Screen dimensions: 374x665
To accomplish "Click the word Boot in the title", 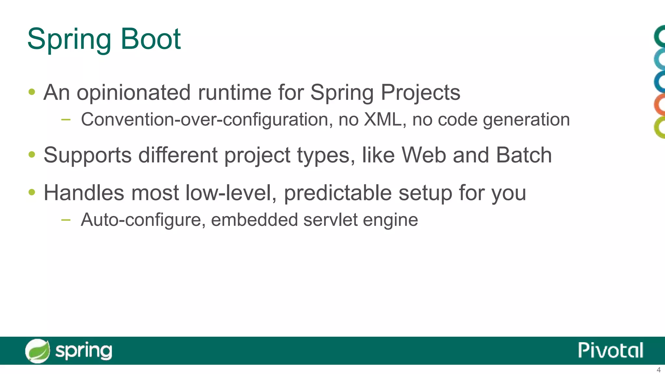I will pyautogui.click(x=151, y=39).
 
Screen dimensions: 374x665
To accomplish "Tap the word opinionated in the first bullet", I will pyautogui.click(x=133, y=93).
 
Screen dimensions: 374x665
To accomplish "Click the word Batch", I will pyautogui.click(x=524, y=155).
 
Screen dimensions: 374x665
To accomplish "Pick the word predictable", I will pyautogui.click(x=338, y=193).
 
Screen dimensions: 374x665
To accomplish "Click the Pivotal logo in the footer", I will pyautogui.click(x=610, y=350).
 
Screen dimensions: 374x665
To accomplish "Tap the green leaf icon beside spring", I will pyautogui.click(x=38, y=351).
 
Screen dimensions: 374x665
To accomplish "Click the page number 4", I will pyautogui.click(x=659, y=370).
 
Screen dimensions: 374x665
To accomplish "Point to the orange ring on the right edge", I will pyautogui.click(x=660, y=105).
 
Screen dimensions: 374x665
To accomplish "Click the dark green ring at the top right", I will pyautogui.click(x=660, y=36).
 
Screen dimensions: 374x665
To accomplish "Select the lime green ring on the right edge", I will pyautogui.click(x=660, y=128).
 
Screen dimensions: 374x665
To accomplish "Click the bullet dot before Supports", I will pyautogui.click(x=32, y=155).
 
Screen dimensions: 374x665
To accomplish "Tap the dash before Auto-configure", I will pyautogui.click(x=66, y=220).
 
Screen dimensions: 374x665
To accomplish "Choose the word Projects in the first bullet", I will pyautogui.click(x=420, y=93).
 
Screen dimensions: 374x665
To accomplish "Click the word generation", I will pyautogui.click(x=526, y=119).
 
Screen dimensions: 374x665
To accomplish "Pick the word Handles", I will pyautogui.click(x=84, y=193).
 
